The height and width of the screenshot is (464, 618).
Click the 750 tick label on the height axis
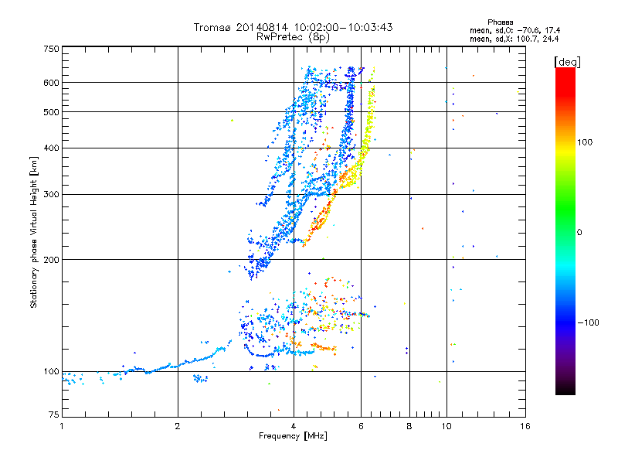tap(51, 48)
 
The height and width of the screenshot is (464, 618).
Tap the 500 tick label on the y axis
tap(51, 111)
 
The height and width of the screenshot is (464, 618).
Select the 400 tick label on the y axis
tap(51, 148)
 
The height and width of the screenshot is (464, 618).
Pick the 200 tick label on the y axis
tap(51, 259)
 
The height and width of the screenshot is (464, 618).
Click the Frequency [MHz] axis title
tap(293, 436)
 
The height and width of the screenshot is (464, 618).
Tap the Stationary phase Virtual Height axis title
tap(34, 232)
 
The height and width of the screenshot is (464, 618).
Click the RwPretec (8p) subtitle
tap(293, 36)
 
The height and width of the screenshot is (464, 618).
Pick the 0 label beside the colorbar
tap(580, 232)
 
